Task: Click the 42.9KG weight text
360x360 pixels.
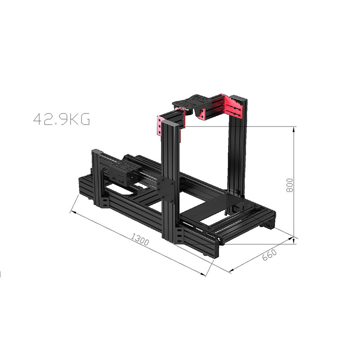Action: pos(62,119)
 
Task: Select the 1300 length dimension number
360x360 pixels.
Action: pos(140,239)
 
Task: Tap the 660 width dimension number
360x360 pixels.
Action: pos(270,255)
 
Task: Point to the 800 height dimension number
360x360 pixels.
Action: pos(290,185)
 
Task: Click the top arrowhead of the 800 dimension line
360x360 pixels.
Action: pos(293,130)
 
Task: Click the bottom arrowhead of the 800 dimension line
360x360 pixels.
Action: pos(293,241)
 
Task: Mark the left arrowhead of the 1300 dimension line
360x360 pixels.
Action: pos(73,212)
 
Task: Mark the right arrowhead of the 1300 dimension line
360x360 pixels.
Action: pos(202,274)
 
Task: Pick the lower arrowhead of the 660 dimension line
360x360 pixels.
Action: pos(232,270)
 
